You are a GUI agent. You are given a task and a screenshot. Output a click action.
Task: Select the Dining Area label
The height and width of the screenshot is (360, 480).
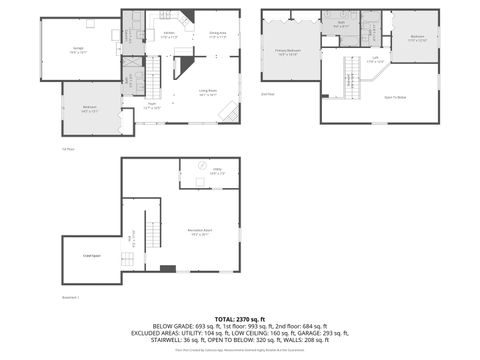point(217,34)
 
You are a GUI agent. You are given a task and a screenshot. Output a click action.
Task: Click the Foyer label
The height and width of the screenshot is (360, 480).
point(151,106)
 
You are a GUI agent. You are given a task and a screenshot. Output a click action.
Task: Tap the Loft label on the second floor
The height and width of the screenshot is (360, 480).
point(374,59)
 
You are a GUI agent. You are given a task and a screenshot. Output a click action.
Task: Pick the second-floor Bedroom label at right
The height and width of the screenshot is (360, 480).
point(417,39)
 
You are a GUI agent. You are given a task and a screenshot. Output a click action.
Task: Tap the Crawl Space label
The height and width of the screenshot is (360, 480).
point(90,256)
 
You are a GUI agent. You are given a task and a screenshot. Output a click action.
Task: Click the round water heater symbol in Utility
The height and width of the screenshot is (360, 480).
point(199,164)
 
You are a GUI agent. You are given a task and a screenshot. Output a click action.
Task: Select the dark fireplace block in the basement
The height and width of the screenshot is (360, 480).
point(167,268)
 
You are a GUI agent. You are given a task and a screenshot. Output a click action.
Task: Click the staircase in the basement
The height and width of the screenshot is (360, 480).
point(151,234)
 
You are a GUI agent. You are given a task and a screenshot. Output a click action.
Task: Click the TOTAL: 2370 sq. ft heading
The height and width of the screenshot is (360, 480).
point(239,317)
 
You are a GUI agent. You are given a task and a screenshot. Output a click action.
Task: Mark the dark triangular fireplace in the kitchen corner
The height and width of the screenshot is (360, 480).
point(184,66)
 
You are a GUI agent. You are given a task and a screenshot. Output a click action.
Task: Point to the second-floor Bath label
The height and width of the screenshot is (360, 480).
point(340,22)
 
